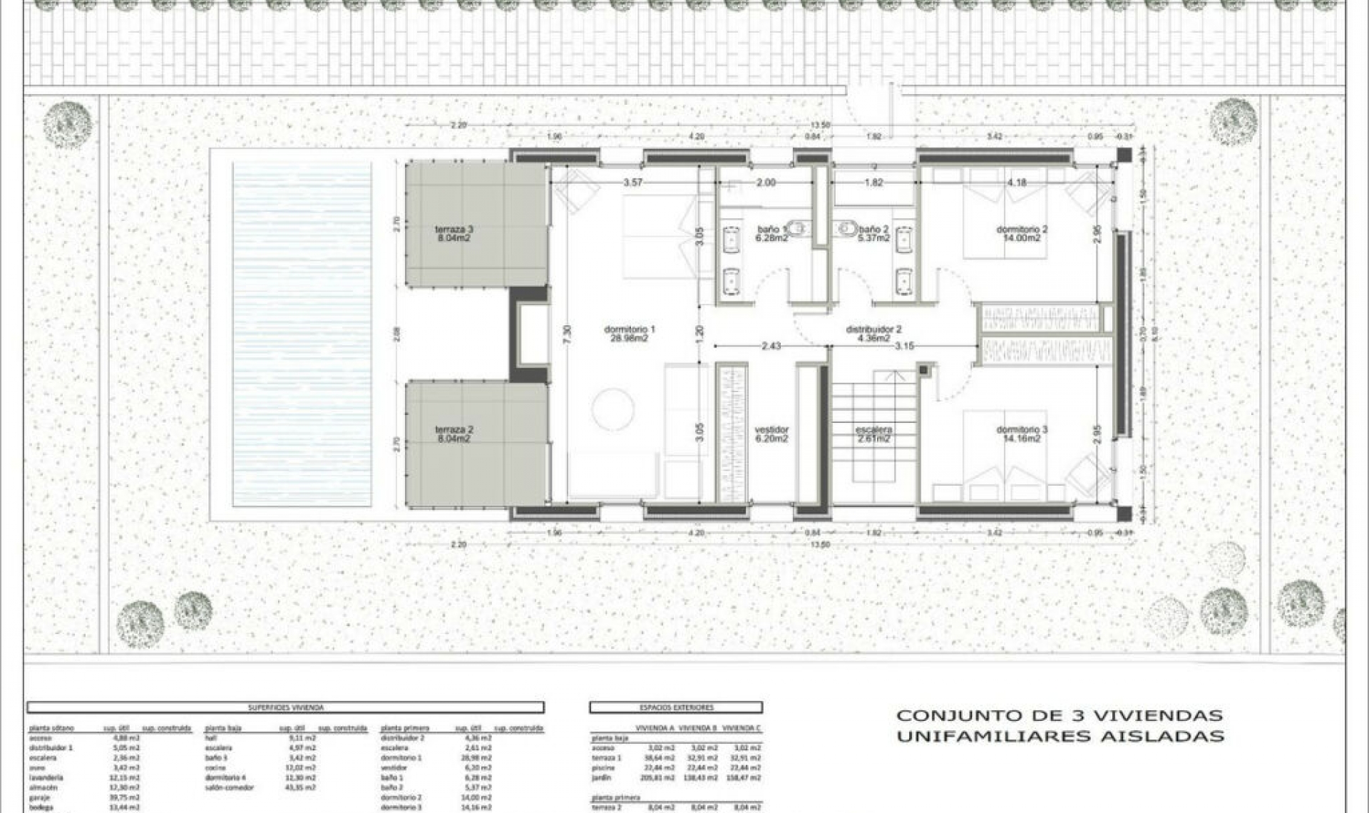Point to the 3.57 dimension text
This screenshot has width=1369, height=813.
point(632,183)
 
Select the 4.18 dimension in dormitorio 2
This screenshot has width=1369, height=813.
point(1017,183)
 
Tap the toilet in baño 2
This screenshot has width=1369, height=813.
point(848,228)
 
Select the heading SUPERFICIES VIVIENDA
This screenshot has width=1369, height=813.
point(285,707)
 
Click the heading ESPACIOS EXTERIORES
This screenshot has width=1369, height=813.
point(676,707)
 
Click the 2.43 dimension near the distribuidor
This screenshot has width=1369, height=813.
point(771,346)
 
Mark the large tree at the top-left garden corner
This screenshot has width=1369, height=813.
point(68,125)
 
